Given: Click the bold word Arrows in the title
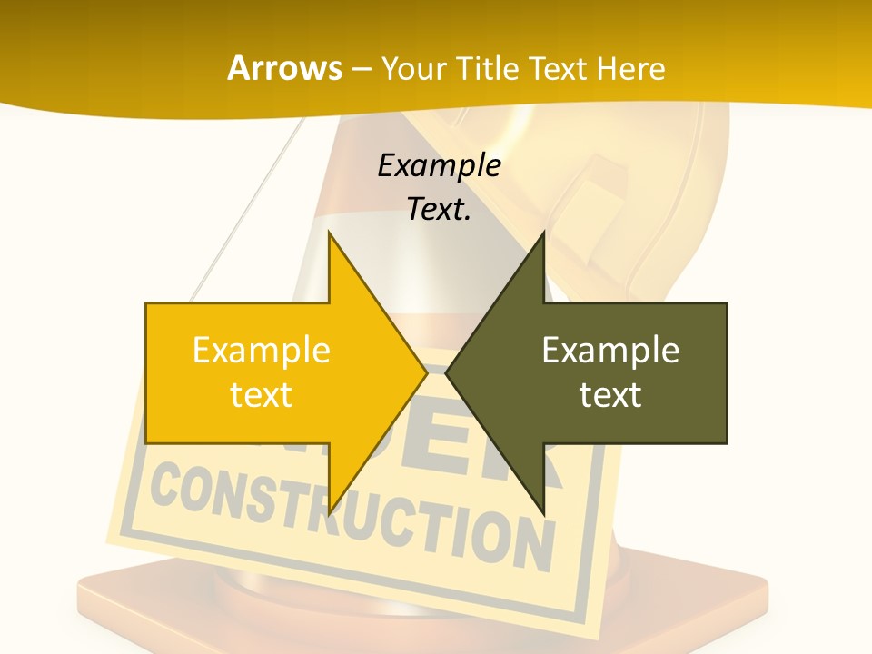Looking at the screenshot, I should click(x=284, y=68).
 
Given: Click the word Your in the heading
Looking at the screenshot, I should click(x=413, y=68).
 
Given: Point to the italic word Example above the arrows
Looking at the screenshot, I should click(x=439, y=165).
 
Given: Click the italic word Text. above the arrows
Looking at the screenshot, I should click(x=439, y=209).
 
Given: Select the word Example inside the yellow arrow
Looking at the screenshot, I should click(x=261, y=350).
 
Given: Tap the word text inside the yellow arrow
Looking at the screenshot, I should click(x=261, y=394).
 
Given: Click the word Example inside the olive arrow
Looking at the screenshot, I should click(x=610, y=350).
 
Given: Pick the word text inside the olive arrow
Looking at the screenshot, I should click(x=610, y=394).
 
